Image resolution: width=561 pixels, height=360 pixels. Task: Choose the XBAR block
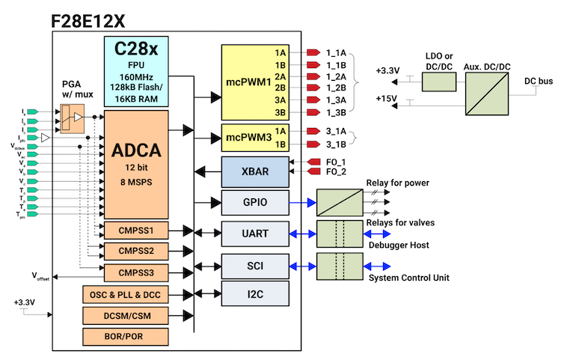coord(255,171)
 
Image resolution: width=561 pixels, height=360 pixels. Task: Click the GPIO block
coord(255,202)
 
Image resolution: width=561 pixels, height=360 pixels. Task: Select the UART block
coord(255,234)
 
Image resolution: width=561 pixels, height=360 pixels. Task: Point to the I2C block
coord(255,293)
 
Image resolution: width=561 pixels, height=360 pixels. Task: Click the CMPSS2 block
coord(136,250)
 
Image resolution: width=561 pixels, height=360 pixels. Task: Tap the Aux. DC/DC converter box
coord(488,88)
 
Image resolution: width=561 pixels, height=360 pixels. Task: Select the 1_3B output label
coord(337,113)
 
